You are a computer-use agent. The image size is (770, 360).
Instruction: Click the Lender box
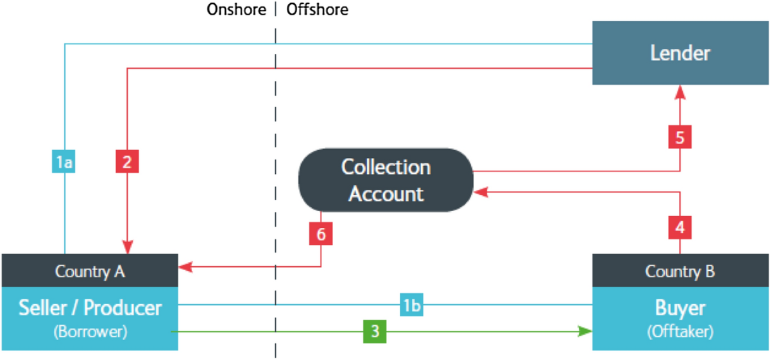tap(680, 53)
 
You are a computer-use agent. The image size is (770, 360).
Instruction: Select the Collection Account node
tap(386, 180)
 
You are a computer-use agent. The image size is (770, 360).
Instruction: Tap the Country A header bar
tap(90, 271)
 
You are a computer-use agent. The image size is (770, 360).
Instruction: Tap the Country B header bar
tap(680, 271)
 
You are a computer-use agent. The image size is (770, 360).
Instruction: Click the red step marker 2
tap(127, 162)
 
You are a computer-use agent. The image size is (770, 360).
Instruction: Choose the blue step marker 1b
tap(412, 305)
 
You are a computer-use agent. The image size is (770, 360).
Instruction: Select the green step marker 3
tap(375, 331)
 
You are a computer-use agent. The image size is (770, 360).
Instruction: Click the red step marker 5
tap(680, 137)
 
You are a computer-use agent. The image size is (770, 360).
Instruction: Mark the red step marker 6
tap(321, 234)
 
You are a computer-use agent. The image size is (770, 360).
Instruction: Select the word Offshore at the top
tap(317, 9)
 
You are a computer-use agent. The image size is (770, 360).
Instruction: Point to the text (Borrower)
tap(90, 333)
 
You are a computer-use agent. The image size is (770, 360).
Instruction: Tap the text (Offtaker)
tap(680, 333)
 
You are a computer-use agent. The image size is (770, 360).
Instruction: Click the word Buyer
tap(680, 309)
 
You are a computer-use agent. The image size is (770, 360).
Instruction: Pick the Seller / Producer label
tap(90, 309)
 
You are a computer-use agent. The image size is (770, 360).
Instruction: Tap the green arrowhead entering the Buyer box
tap(585, 331)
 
